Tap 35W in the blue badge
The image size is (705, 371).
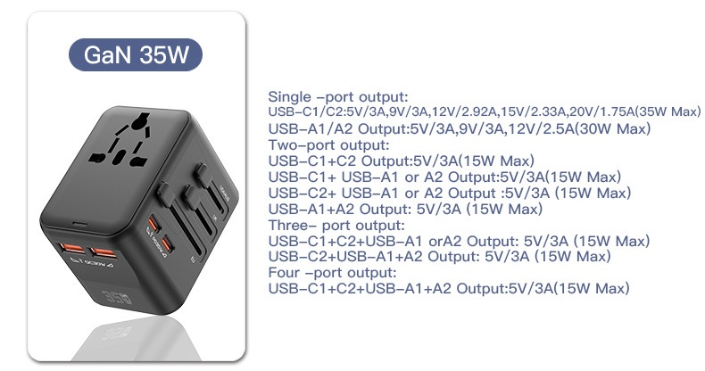pos(165,54)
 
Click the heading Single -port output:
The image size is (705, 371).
pos(338,96)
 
